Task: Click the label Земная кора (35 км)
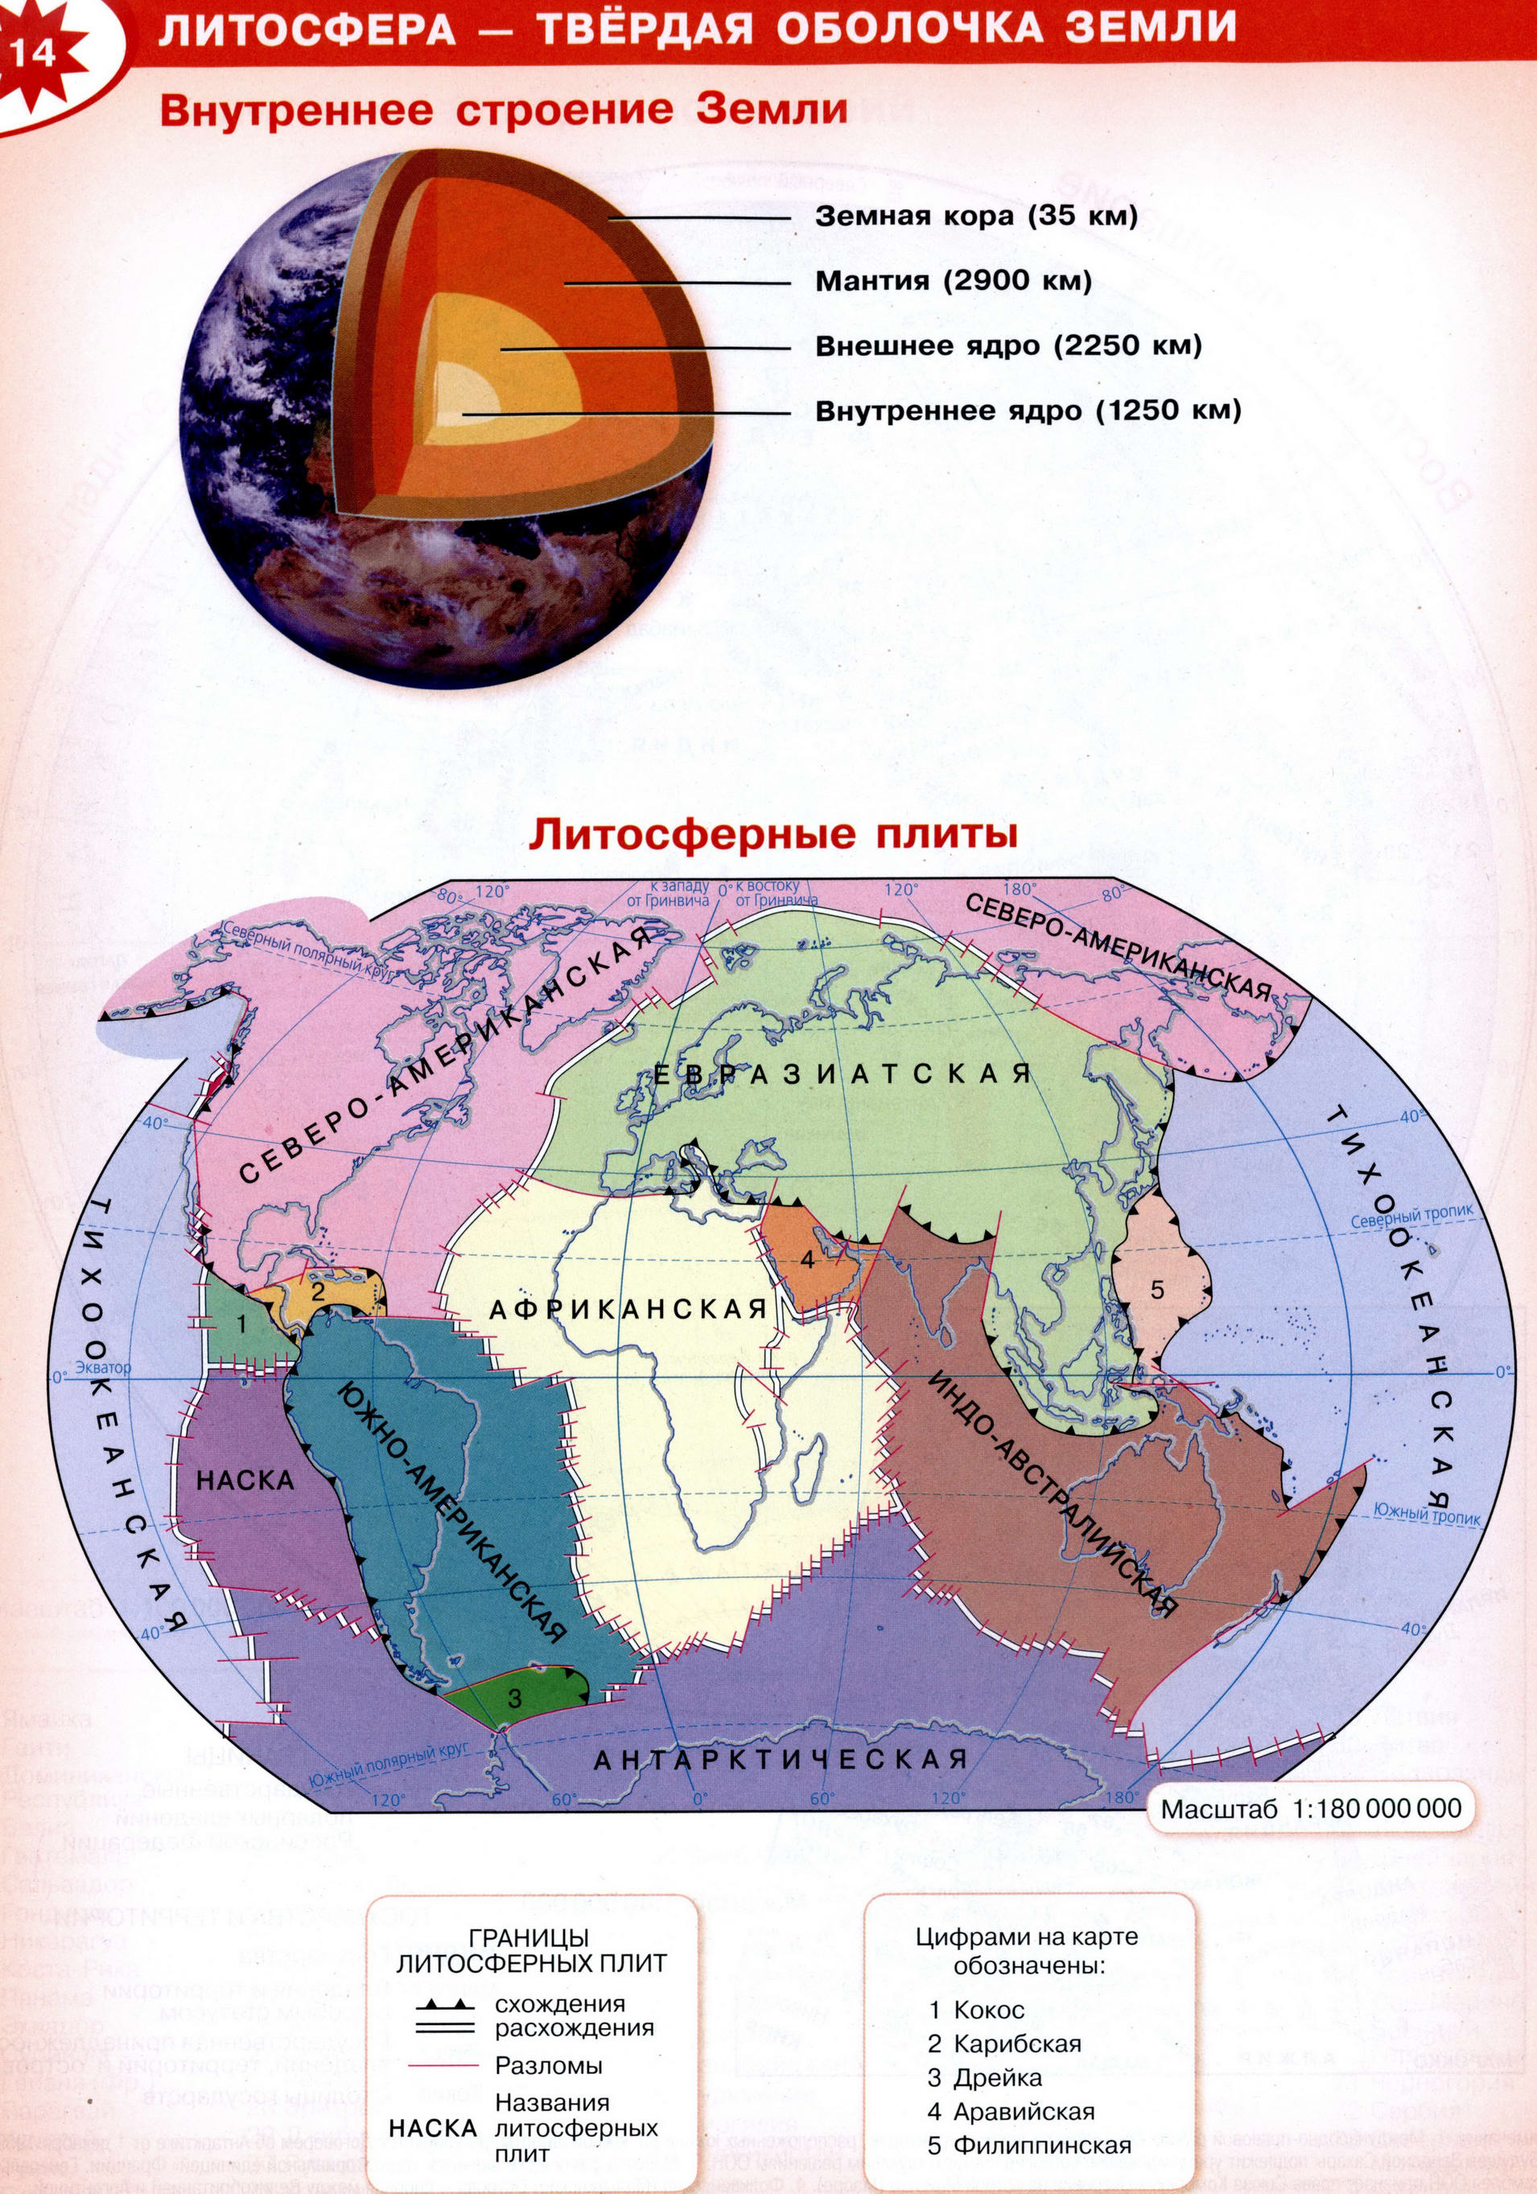click(976, 217)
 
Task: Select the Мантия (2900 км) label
click(953, 282)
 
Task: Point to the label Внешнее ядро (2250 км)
click(1007, 347)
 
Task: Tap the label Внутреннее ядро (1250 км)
click(1027, 412)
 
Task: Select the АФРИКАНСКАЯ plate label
click(628, 1309)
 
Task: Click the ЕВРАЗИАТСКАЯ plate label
click(843, 1074)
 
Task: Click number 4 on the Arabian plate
click(807, 1259)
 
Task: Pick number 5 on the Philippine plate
click(1157, 1290)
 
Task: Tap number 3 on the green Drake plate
click(514, 1698)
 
